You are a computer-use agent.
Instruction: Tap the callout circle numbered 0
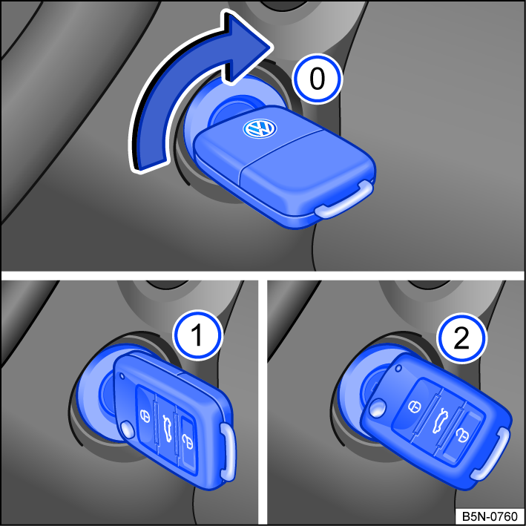point(317,79)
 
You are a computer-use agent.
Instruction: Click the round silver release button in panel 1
point(129,429)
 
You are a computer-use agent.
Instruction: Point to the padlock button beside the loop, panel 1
point(187,443)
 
